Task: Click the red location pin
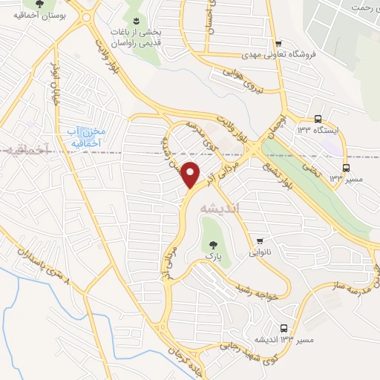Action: click(x=191, y=174)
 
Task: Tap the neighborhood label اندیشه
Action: click(x=220, y=209)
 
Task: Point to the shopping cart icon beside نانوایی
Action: click(x=261, y=241)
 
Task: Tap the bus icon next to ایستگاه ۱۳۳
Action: click(x=318, y=119)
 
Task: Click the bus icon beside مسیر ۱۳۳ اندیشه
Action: click(x=284, y=328)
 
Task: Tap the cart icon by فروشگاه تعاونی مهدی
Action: click(x=278, y=43)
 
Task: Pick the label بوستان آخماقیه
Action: click(x=44, y=14)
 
